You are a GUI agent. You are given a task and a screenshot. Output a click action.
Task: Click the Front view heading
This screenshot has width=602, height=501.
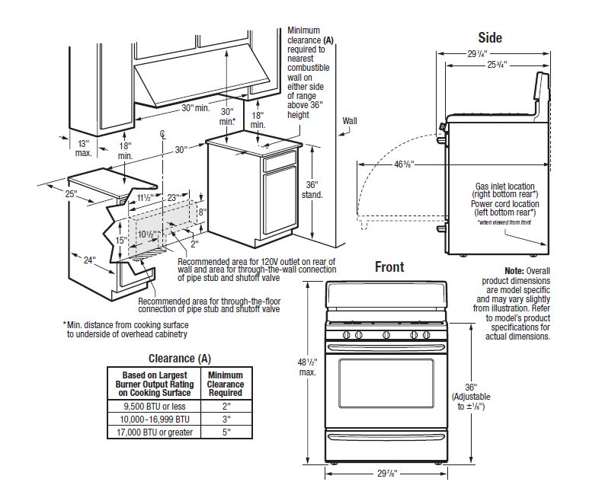pos(389,267)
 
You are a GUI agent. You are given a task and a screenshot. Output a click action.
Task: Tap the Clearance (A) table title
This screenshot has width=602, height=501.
pos(180,359)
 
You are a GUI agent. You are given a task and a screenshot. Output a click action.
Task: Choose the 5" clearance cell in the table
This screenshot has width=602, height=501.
pos(226,432)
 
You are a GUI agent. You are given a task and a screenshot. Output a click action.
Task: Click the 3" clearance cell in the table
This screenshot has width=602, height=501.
pos(226,419)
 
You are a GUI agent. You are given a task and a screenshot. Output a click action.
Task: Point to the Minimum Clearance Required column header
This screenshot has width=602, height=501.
pos(226,384)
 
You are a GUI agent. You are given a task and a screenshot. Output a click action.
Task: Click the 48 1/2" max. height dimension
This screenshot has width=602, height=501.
pos(309,366)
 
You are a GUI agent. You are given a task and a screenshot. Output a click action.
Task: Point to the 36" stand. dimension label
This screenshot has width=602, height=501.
pos(312,189)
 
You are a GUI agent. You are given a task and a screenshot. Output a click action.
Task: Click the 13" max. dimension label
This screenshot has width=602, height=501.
pos(84,148)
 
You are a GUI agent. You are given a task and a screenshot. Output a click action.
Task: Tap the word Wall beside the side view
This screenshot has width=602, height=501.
pos(350,120)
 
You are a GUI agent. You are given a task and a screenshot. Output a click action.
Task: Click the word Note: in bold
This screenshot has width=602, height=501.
pos(514,271)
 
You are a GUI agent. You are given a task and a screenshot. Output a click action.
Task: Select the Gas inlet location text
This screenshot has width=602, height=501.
pos(504,186)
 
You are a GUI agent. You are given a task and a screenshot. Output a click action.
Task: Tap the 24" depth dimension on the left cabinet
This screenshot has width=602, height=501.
pos(90,260)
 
